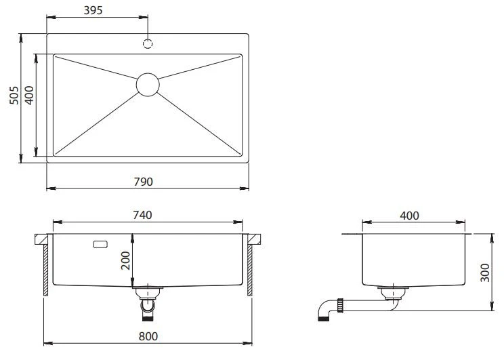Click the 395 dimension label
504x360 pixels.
pos(93,10)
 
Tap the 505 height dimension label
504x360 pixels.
pos(14,95)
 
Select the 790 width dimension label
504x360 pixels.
pos(144,182)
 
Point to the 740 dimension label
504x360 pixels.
pos(142,215)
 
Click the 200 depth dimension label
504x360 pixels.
pos(125,260)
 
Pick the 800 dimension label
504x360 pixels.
pos(148,336)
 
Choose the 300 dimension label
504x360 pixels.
pos(485,273)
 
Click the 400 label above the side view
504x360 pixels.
pos(409,216)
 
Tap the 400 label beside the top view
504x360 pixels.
pos(29,95)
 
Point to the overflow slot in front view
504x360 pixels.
pos(100,245)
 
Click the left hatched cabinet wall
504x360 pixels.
pos(45,270)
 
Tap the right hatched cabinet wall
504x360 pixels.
pos(250,270)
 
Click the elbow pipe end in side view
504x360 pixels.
pos(323,319)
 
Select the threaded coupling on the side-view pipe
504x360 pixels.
pos(340,305)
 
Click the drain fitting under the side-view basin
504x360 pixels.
pos(393,294)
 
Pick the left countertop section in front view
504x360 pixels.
pos(41,239)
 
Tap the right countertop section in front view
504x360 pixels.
pos(254,239)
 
